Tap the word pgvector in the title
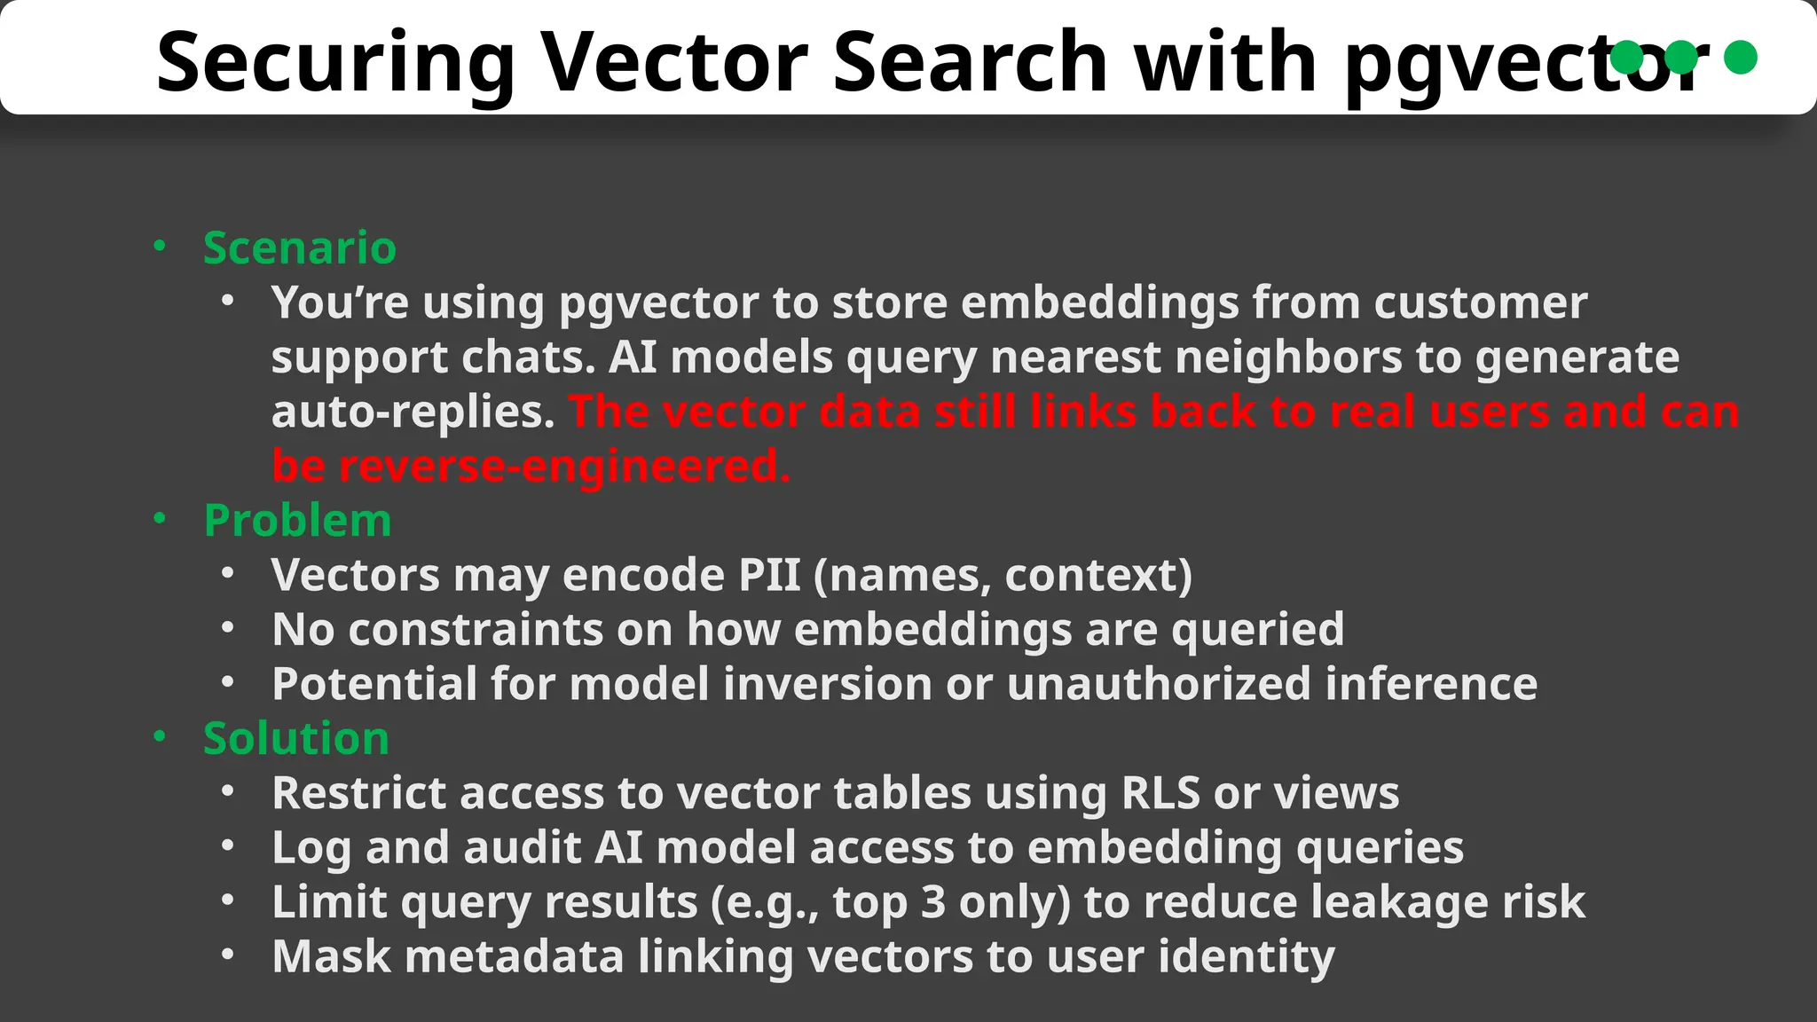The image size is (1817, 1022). point(1526,62)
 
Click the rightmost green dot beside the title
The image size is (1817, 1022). point(1740,57)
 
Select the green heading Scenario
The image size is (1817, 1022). point(299,248)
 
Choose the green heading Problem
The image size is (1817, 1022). point(297,520)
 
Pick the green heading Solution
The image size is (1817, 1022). point(296,738)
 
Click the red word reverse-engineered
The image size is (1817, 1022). point(563,466)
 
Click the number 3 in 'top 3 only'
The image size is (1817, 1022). point(933,902)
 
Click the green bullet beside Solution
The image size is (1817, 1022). point(160,736)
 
